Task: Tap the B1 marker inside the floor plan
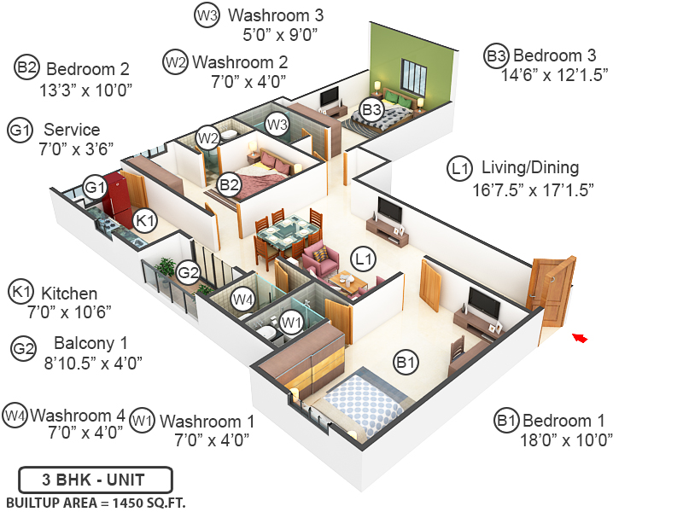pos(406,363)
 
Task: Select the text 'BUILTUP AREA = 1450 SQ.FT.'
pos(96,502)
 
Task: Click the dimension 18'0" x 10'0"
pos(567,440)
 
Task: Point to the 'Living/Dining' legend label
pos(529,167)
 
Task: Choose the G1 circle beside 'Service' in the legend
pos(20,131)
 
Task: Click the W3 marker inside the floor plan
pos(276,124)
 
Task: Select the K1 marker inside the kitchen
pos(146,220)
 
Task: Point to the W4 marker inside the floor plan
pos(244,300)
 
